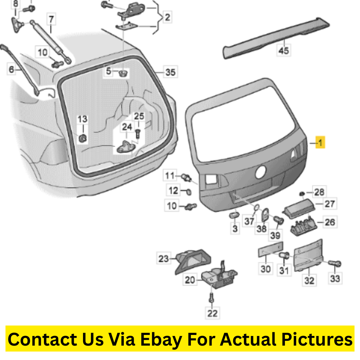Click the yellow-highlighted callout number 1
click(320, 143)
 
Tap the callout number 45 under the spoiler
click(284, 50)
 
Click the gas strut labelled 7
click(51, 42)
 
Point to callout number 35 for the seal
click(170, 72)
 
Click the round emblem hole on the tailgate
click(261, 172)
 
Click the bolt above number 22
click(212, 298)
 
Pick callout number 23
click(164, 259)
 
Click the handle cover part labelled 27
click(299, 208)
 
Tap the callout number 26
click(330, 222)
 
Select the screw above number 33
click(335, 264)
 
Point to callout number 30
click(265, 268)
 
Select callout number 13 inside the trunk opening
click(82, 119)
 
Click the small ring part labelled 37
click(256, 207)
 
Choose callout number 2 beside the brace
click(167, 17)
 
